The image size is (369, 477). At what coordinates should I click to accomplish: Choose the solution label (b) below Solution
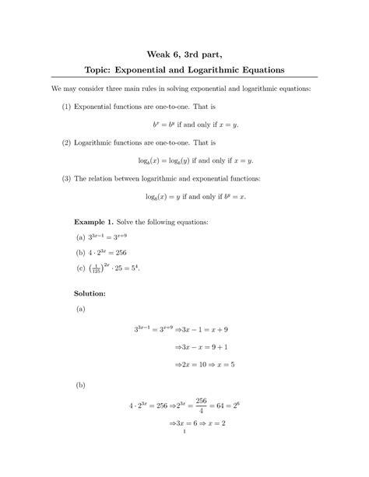pyautogui.click(x=79, y=384)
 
